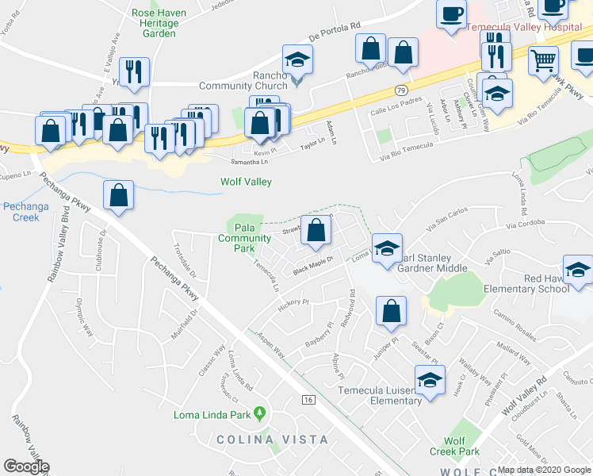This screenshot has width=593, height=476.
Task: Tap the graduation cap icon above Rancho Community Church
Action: pos(297,59)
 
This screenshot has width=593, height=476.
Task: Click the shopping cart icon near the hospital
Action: pos(543,59)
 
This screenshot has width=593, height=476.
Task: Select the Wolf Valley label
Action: pos(246,182)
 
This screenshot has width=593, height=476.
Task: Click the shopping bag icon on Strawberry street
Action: pos(316,231)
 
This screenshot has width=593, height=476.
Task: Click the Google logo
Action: pos(26,466)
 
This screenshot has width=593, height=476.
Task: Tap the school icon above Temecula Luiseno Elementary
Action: pos(430,380)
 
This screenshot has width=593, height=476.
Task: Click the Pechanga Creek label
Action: pos(25,212)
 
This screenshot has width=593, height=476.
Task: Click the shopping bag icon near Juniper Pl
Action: pos(391,312)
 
